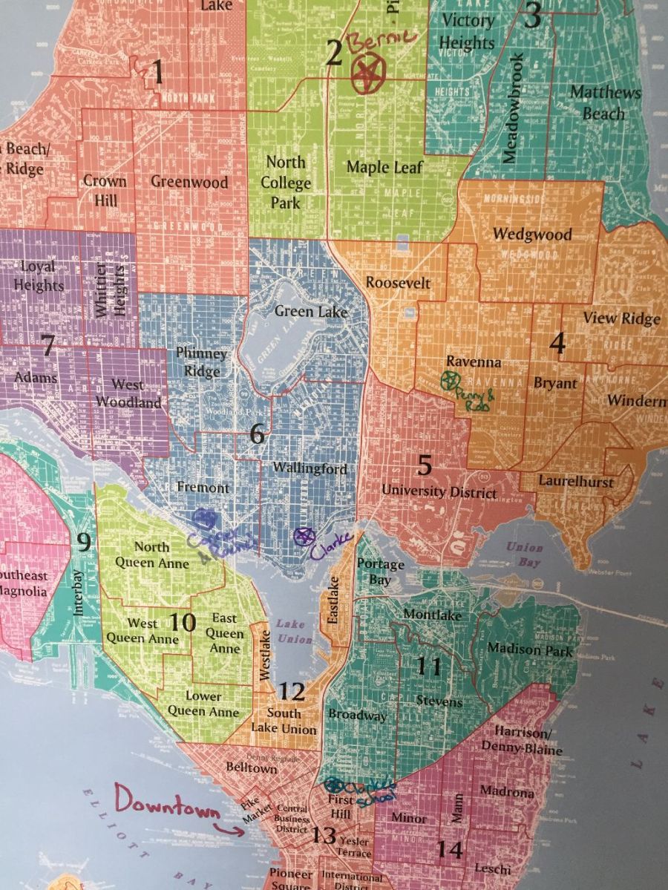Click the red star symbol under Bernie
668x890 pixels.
point(365,73)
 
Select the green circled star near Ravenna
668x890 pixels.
point(448,381)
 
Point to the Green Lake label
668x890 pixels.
point(311,312)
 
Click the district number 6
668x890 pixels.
point(257,434)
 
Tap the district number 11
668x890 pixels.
point(428,666)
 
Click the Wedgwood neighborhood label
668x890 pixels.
point(532,235)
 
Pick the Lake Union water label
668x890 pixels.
point(292,630)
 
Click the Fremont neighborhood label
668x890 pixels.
point(203,488)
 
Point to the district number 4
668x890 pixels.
point(557,343)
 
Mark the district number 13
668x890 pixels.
point(324,836)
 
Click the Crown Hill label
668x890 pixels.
point(105,191)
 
